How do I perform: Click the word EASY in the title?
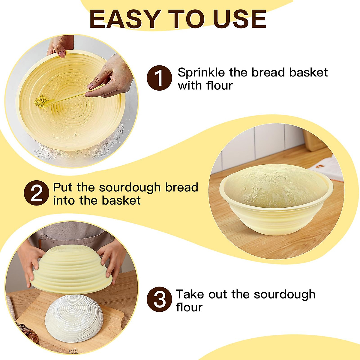tap(124, 19)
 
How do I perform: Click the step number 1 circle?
tap(159, 78)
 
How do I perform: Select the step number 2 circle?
tap(37, 193)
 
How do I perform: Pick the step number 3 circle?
tap(159, 299)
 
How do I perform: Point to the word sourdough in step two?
tap(130, 188)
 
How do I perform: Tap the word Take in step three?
tap(190, 294)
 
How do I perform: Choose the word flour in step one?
tap(219, 86)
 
